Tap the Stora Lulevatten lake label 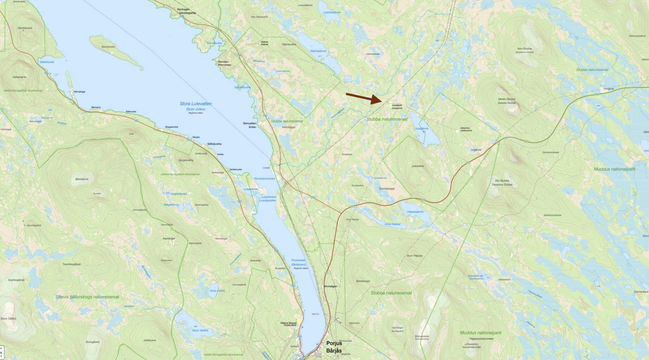click(x=195, y=104)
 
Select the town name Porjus click(x=334, y=343)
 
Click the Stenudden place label click(x=249, y=123)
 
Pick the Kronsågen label click(x=331, y=286)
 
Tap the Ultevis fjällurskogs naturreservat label click(x=87, y=297)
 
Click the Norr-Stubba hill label click(x=525, y=49)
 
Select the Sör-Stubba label click(x=502, y=181)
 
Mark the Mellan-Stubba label click(x=506, y=99)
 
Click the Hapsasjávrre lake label click(x=415, y=212)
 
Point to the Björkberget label click(x=363, y=281)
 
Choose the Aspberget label click(x=169, y=238)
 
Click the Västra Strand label click(x=288, y=323)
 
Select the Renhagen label click(x=183, y=9)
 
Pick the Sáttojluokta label click(x=214, y=144)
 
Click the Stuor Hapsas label click(x=414, y=256)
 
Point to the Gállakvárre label click(x=19, y=77)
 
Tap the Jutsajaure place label click(x=397, y=105)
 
